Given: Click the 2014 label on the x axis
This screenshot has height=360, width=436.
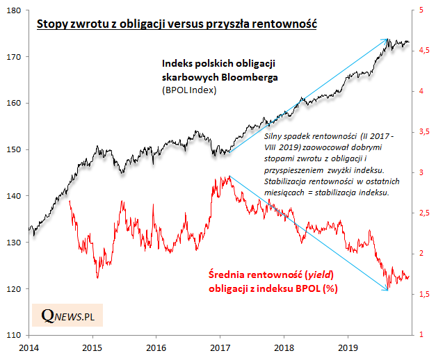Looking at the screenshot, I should pyautogui.click(x=29, y=345).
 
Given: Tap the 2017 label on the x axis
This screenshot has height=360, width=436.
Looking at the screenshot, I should pyautogui.click(x=220, y=345).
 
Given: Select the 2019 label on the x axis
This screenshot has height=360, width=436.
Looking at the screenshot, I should pyautogui.click(x=349, y=345).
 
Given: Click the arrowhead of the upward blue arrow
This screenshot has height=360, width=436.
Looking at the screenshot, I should pyautogui.click(x=388, y=40).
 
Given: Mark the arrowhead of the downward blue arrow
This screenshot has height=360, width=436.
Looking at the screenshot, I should pyautogui.click(x=388, y=290).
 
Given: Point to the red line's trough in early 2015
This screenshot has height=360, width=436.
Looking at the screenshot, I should pyautogui.click(x=97, y=278).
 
